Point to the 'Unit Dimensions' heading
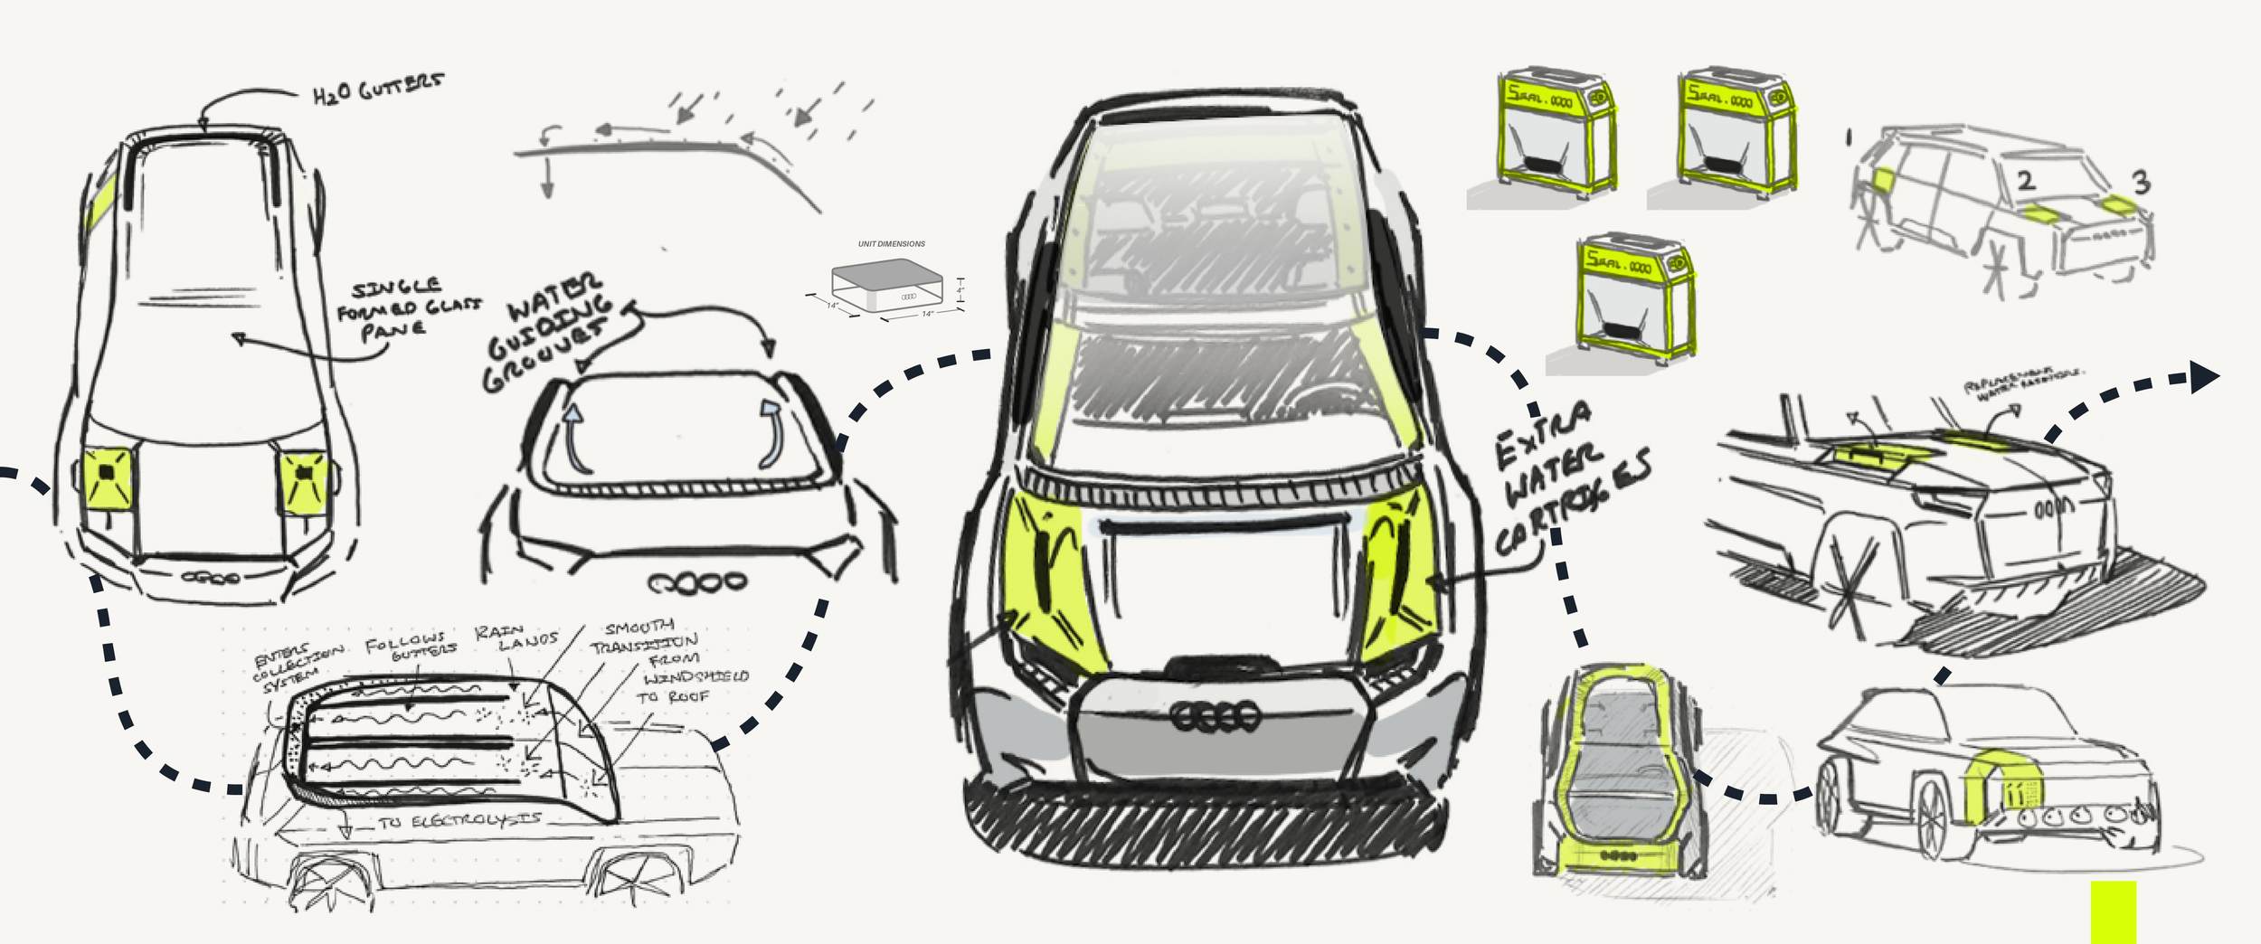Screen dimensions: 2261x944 point(891,244)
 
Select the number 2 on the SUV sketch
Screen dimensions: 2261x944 point(2026,181)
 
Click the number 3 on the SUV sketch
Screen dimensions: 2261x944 point(2141,184)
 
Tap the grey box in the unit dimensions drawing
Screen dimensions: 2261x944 point(886,285)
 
